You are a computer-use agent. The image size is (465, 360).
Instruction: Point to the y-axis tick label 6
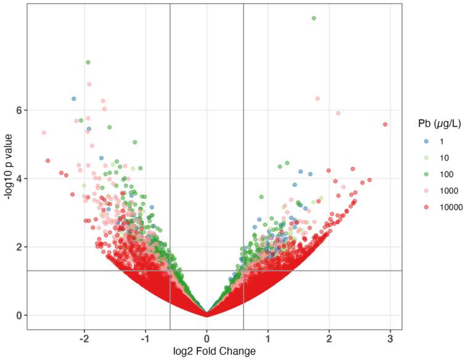point(18,110)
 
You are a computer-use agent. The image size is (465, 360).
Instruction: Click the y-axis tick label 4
point(18,178)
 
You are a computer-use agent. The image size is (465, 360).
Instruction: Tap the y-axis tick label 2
point(18,247)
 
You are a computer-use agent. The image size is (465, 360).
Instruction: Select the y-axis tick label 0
point(18,315)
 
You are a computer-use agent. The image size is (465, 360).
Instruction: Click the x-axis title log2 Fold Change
point(207,352)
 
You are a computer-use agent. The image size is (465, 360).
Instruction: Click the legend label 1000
point(447,191)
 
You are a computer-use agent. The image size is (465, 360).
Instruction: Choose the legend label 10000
point(450,208)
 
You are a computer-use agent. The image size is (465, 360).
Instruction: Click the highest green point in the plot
point(314,18)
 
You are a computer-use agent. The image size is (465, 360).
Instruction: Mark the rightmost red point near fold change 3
point(385,124)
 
